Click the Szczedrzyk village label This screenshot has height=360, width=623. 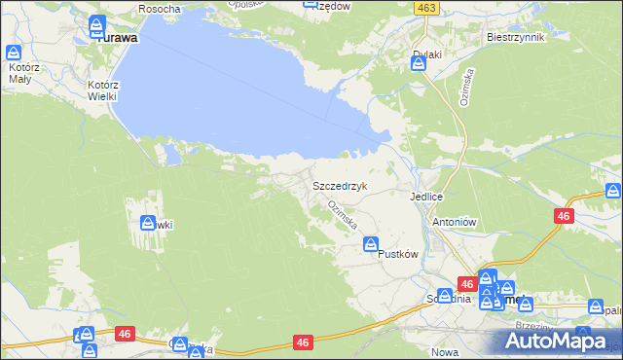point(339,185)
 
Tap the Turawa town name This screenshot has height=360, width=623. point(115,39)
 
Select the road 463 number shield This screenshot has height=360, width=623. point(423,7)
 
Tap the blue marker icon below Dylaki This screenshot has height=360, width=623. point(419,64)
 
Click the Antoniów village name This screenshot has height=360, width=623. point(452,221)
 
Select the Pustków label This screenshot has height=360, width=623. point(397,254)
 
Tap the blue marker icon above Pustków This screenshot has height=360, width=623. point(371,246)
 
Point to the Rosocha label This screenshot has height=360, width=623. point(160,8)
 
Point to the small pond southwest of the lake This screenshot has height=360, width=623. point(171,153)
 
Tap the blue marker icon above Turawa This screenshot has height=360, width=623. point(97,25)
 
